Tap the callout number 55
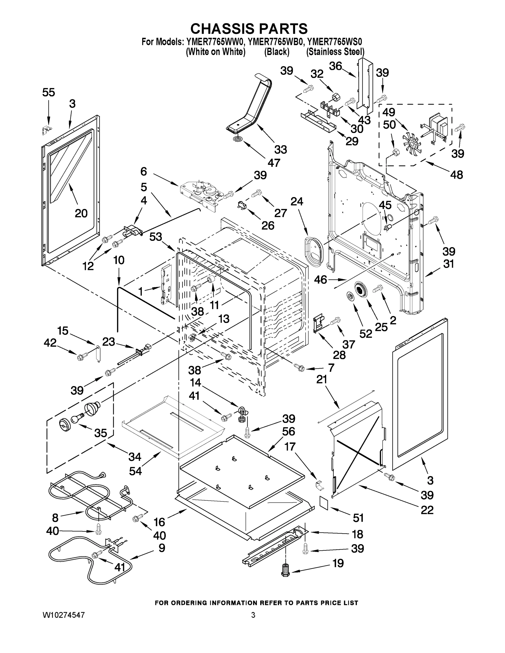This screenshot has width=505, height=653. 48,93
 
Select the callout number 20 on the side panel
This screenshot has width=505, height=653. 81,213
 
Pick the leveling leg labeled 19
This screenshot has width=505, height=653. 285,570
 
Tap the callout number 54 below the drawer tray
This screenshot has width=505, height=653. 136,471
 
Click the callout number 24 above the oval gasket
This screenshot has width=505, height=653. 296,202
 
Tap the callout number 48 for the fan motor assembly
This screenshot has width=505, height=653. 457,175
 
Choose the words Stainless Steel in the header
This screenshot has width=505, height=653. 335,52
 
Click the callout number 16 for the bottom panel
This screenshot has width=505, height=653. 160,522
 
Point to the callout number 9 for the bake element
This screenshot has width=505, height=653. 161,548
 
